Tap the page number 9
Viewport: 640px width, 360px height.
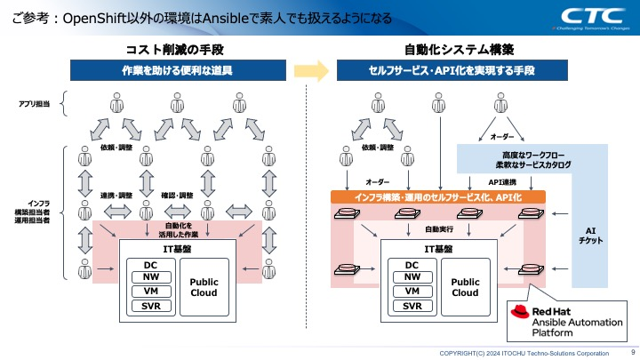pyautogui.click(x=631, y=352)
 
